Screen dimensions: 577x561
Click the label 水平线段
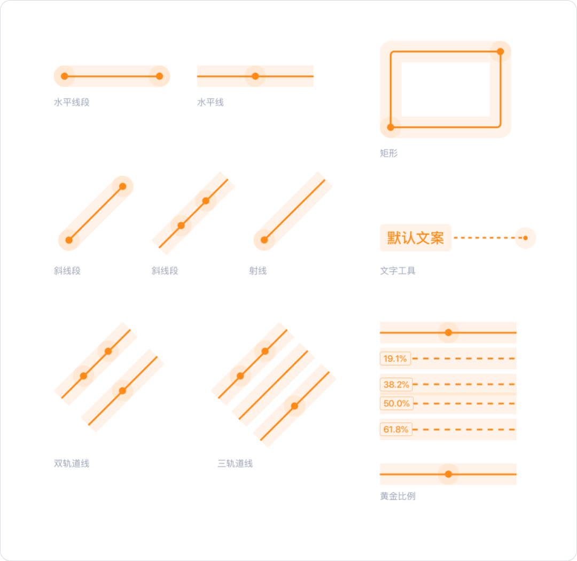[x=72, y=103]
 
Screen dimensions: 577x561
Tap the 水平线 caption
[x=210, y=103]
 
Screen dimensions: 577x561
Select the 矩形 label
[x=389, y=153]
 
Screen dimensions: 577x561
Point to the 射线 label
[x=258, y=271]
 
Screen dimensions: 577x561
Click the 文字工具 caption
[x=398, y=271]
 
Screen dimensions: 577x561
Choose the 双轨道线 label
[x=72, y=463]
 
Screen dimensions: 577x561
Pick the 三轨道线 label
[x=235, y=463]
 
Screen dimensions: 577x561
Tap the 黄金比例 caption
[x=398, y=496]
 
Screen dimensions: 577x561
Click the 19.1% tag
[x=395, y=359]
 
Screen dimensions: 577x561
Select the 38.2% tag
[x=396, y=384]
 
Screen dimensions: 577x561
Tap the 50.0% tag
[x=396, y=403]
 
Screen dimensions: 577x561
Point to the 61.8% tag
[x=396, y=430]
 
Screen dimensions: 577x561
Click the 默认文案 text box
[x=416, y=238]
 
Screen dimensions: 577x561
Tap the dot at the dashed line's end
[x=526, y=238]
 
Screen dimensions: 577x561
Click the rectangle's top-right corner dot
[x=501, y=51]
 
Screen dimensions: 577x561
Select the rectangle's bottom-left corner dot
[x=391, y=127]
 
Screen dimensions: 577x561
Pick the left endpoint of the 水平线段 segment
[x=65, y=76]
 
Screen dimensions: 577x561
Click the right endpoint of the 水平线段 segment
[x=159, y=76]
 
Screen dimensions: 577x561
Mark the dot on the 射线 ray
[x=264, y=240]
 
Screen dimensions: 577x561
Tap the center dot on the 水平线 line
[x=255, y=76]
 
